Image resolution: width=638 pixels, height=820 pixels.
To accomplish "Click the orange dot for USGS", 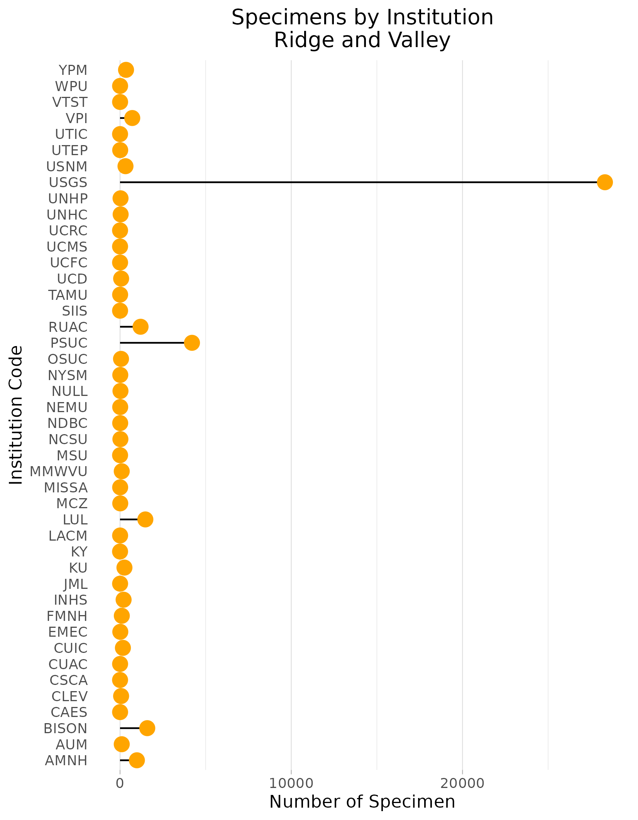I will [x=604, y=182].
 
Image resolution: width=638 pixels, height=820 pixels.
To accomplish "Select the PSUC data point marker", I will [x=192, y=343].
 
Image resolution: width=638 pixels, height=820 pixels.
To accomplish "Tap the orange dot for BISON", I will [x=147, y=728].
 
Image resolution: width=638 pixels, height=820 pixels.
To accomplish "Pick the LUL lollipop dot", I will [x=145, y=519].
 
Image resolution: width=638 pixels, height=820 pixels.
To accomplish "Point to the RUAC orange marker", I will [x=140, y=327].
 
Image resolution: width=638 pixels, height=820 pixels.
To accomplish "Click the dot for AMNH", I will [x=137, y=760].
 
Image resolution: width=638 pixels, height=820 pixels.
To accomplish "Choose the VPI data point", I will [x=132, y=118].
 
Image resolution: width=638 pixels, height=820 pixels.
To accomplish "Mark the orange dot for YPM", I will [x=126, y=70].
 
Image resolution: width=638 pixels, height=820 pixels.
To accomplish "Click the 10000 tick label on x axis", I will [x=291, y=783].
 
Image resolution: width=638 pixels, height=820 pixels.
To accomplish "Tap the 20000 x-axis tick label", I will [x=462, y=783].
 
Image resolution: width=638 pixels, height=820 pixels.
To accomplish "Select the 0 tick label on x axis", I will [x=120, y=783].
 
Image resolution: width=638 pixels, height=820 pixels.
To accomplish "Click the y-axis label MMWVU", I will [x=59, y=472].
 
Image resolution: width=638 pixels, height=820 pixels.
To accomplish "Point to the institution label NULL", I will [x=69, y=391].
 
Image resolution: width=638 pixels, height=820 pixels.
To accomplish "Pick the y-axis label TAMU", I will [x=68, y=295].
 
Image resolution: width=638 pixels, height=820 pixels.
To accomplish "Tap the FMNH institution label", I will [x=67, y=616].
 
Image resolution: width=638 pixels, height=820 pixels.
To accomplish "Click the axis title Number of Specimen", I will [x=362, y=802].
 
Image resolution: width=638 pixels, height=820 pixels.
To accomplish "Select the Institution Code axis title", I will [x=16, y=415].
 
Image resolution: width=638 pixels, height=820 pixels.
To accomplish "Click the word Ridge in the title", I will [x=305, y=40].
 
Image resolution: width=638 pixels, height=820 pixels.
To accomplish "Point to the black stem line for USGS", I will [x=347, y=182].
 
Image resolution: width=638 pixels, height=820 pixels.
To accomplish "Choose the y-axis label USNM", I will [x=67, y=167].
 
